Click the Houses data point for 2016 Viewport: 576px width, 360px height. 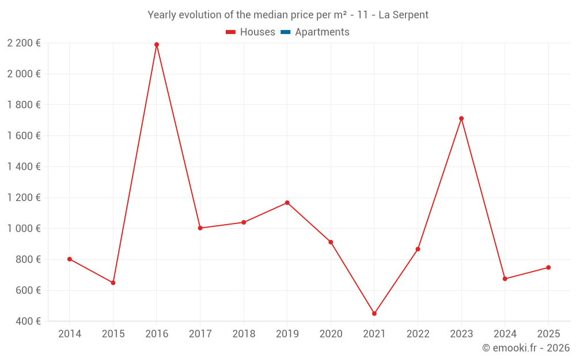pos(157,44)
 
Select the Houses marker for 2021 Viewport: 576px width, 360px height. pos(374,314)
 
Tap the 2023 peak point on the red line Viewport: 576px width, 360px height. pos(461,119)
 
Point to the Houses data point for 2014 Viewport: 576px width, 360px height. pos(70,259)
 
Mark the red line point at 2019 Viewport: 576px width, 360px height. pos(287,203)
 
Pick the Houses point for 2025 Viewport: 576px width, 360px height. pos(548,267)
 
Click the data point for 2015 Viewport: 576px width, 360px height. pos(113,283)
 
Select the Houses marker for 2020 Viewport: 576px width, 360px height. pos(331,242)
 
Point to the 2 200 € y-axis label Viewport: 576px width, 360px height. pos(24,43)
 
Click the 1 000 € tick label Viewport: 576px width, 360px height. pos(24,228)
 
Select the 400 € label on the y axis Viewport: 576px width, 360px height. pos(28,321)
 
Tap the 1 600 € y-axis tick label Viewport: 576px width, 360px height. pos(24,135)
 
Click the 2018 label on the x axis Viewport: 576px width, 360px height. pos(244,334)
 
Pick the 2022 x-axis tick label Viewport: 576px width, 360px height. pos(418,334)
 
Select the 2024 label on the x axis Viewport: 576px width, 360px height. pos(505,334)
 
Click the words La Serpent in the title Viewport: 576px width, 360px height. pos(403,15)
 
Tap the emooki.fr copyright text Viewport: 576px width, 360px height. pos(526,348)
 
